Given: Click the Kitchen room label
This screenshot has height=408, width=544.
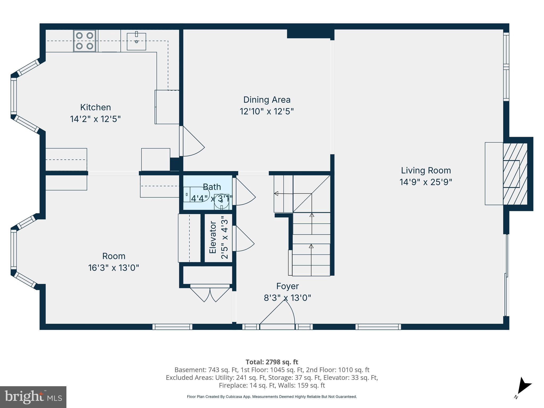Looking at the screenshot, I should [95, 107].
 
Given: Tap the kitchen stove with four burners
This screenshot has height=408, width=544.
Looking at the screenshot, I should [84, 41].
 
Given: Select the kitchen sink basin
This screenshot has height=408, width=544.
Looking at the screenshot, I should [136, 41].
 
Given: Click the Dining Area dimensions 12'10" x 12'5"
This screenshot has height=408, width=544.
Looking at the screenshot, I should [267, 111].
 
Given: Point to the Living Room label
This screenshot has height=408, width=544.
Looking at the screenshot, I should [426, 171].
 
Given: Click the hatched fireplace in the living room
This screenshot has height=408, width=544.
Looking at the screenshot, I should [515, 174].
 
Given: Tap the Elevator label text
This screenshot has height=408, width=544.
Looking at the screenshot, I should [213, 237].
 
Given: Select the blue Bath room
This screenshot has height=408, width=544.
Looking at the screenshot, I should [207, 193].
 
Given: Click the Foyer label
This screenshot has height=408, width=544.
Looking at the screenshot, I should [287, 286].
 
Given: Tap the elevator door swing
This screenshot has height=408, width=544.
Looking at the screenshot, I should [244, 239].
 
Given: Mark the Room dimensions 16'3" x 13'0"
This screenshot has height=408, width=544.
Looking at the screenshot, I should [113, 268].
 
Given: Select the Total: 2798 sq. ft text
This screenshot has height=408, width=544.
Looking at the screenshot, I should [272, 362].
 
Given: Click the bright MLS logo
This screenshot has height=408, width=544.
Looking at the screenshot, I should [33, 397].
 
